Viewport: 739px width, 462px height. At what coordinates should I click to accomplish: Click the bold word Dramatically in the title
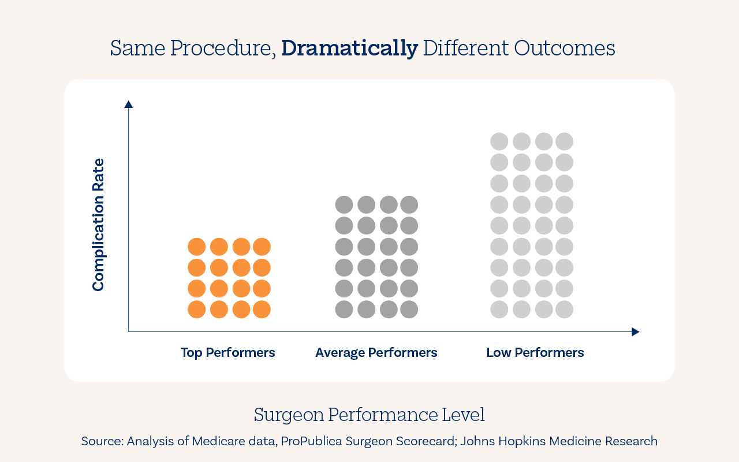pos(349,49)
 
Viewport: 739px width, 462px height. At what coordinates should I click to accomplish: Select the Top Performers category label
pos(227,352)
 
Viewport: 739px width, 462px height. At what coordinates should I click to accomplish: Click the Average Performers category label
pos(376,352)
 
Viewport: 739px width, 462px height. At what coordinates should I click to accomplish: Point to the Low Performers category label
pos(535,352)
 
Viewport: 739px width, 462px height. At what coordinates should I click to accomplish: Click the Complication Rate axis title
pos(99,225)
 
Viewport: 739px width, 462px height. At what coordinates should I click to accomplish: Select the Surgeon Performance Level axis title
pos(369,415)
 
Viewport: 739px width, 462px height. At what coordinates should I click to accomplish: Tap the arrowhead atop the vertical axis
pos(129,104)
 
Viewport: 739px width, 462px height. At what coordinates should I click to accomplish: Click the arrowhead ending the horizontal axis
pos(636,332)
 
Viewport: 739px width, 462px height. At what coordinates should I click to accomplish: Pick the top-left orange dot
pos(197,247)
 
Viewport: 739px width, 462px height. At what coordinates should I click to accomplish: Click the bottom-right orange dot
pos(262,310)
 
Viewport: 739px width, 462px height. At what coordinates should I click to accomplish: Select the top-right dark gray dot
pos(409,204)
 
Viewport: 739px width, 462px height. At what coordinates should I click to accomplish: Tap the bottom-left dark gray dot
pos(344,310)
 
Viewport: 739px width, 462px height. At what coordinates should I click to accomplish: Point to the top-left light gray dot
pos(499,141)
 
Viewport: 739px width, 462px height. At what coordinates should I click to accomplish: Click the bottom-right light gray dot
pos(564,310)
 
